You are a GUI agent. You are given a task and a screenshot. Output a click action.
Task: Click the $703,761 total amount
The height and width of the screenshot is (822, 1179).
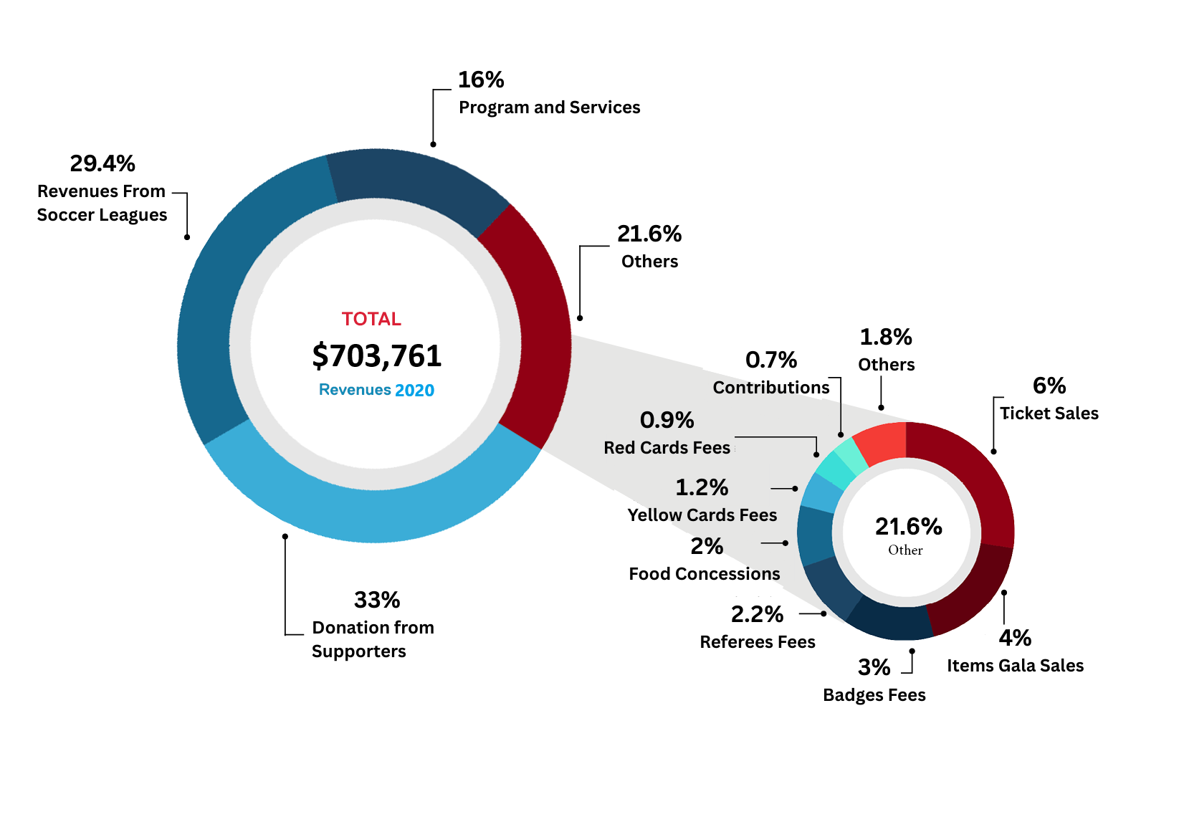(377, 356)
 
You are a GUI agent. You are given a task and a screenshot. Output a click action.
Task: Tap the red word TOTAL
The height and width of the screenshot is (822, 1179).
(371, 319)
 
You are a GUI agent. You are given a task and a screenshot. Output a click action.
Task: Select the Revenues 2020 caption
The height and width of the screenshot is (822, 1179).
(376, 390)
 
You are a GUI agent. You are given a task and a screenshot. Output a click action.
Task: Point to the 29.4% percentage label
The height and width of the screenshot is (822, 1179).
(102, 163)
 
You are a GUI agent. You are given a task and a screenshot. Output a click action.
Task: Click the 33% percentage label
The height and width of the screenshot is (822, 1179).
(377, 600)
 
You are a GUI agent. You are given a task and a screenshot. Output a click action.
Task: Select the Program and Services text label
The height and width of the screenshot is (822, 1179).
(549, 107)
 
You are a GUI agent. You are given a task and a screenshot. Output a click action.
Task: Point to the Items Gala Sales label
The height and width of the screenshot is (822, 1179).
(1015, 666)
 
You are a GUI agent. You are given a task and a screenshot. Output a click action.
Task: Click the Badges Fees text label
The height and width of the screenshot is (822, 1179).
(874, 695)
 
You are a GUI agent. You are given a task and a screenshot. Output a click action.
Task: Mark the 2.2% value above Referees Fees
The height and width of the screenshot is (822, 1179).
(757, 614)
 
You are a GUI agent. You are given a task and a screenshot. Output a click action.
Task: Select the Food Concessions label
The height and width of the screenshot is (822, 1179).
(705, 574)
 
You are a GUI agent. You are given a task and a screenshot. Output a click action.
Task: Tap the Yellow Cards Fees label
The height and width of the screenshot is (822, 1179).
(702, 515)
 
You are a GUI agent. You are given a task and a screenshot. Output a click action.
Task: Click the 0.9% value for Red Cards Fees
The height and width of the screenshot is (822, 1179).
(667, 420)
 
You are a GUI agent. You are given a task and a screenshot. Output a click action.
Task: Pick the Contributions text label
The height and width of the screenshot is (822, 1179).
(770, 388)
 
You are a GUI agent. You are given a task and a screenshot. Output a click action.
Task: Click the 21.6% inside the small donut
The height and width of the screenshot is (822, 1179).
(908, 527)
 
